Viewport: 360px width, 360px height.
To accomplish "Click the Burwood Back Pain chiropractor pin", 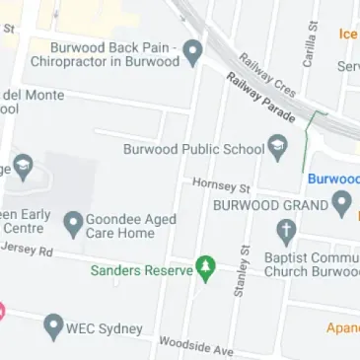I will click(x=193, y=50).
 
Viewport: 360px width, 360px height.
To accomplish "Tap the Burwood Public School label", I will click(x=193, y=150).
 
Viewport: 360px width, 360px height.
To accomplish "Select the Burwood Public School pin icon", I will click(x=279, y=149).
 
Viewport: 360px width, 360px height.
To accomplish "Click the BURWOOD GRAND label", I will click(x=270, y=205).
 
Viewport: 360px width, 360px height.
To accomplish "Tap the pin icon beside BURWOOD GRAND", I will click(x=342, y=205).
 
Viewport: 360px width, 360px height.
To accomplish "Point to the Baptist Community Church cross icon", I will click(x=287, y=234).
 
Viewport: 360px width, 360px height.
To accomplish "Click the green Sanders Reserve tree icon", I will click(x=205, y=267).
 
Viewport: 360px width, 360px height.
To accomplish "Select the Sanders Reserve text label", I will click(x=138, y=268).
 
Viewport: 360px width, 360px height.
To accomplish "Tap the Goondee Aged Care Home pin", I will click(x=73, y=223).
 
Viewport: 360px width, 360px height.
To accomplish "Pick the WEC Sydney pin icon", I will click(x=54, y=326).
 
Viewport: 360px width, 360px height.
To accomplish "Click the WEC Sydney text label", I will click(x=105, y=327).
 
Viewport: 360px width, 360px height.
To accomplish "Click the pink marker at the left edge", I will click(x=2, y=311).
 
